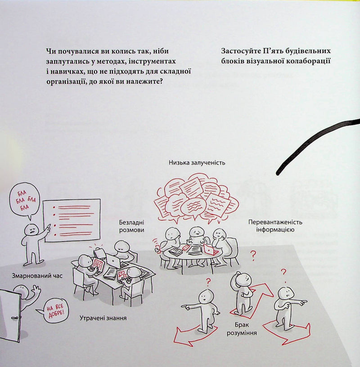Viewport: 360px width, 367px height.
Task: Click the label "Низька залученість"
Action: (x=197, y=163)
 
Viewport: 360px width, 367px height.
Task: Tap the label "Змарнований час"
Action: (x=37, y=276)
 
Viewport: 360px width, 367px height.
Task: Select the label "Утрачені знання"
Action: (x=103, y=318)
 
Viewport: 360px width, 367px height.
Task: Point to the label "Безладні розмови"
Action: (x=132, y=226)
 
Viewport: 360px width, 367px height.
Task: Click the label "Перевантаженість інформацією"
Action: (x=275, y=226)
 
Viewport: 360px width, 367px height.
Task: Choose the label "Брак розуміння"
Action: (x=242, y=329)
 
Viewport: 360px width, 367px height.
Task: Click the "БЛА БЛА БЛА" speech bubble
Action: (x=24, y=200)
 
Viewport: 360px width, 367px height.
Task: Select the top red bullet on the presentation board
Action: (x=54, y=207)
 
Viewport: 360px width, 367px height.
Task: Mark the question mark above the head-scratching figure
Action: (x=253, y=256)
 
